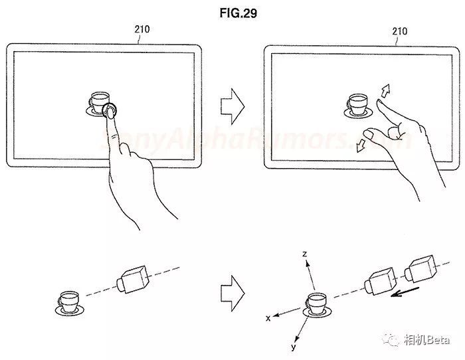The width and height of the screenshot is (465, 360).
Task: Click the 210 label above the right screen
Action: (400, 31)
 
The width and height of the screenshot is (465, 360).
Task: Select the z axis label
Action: (303, 254)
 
